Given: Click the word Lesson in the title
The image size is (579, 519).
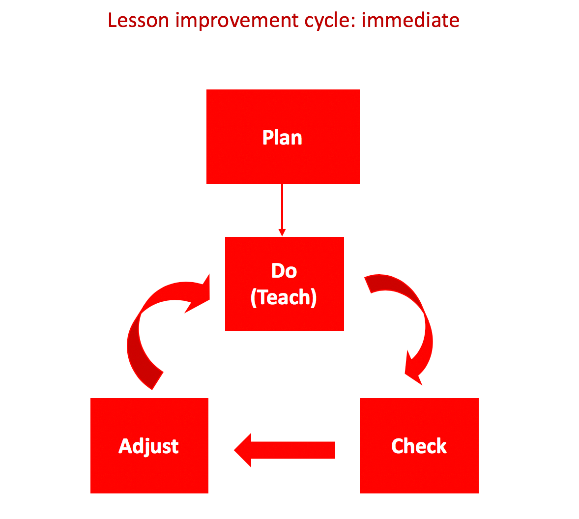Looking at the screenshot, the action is point(139,20).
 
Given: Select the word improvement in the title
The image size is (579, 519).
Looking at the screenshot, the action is point(237,22).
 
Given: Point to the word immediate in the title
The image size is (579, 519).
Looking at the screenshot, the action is point(410,20).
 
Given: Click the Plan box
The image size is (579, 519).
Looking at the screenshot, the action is point(283,137).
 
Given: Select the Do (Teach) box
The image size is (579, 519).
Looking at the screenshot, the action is point(284,284).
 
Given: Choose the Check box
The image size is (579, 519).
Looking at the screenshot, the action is point(419,446).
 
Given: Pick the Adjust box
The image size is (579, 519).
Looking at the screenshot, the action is point(149,446).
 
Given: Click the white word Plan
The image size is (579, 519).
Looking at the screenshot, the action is point(282,138).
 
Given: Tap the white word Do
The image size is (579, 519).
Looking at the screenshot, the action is point(284,271).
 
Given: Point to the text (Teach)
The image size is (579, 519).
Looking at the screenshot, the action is point(284,297).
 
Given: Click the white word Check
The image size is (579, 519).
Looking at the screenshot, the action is point(419,446).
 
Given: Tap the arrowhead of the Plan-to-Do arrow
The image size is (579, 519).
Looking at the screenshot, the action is point(282,232).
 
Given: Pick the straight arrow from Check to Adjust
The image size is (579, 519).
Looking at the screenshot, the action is point(284,450).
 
